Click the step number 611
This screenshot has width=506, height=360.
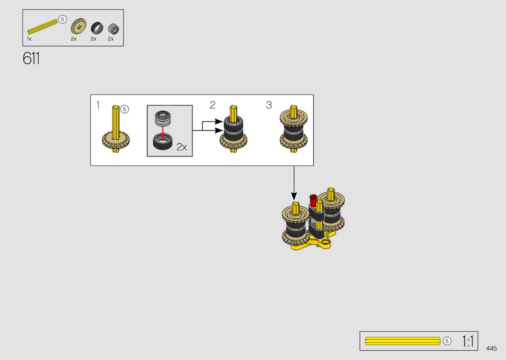(x=31, y=58)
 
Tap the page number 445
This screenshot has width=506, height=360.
(x=491, y=348)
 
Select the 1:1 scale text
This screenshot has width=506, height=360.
(x=467, y=341)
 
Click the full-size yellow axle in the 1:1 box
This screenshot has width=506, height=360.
(x=402, y=341)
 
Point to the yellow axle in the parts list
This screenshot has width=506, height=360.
(x=42, y=27)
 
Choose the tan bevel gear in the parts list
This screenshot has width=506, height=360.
(x=78, y=27)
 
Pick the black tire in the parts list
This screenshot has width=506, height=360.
(x=97, y=28)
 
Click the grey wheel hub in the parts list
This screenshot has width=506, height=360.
(x=113, y=29)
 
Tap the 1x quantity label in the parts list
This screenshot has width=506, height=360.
(x=29, y=39)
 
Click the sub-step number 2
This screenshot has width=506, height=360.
(x=213, y=105)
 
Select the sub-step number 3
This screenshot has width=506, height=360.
(x=269, y=105)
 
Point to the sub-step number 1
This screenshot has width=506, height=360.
(x=98, y=105)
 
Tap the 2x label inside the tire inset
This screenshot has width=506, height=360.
(x=181, y=147)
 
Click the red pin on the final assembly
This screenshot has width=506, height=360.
(x=313, y=201)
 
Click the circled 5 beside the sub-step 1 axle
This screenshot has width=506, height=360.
(x=125, y=109)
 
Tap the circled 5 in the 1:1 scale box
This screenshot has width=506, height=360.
(x=447, y=341)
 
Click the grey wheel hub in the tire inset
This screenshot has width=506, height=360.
(x=162, y=118)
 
